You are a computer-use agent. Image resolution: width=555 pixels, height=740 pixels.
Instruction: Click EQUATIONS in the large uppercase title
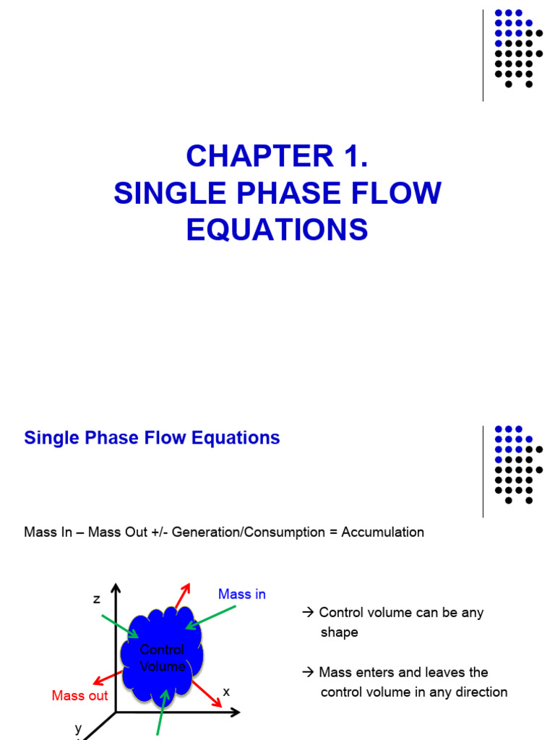(x=277, y=231)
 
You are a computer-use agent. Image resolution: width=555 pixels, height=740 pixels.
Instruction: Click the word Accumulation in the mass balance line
(x=382, y=533)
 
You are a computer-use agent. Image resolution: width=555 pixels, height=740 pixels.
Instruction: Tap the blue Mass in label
(x=242, y=594)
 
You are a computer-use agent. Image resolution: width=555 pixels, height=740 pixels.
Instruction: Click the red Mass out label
(x=79, y=696)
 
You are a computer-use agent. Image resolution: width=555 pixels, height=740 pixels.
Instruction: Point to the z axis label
(x=96, y=599)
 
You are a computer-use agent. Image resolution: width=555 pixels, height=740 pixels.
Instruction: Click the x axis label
(x=226, y=692)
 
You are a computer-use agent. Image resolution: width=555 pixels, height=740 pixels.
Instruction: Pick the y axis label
(x=78, y=728)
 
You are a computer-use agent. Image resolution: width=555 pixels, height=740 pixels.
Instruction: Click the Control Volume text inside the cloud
(x=162, y=658)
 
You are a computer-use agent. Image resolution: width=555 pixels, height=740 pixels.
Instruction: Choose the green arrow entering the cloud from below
(x=163, y=712)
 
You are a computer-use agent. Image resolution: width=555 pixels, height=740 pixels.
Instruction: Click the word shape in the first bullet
(x=340, y=632)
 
